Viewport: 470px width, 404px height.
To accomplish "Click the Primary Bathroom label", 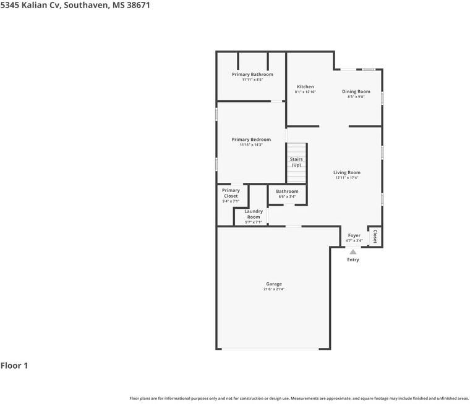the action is point(252,74).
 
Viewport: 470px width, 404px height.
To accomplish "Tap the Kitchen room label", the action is point(305,86).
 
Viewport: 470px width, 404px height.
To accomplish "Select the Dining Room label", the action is point(356,91).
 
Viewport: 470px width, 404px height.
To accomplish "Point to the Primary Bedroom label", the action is point(251,139).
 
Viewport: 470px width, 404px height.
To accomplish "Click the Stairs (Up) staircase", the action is point(296,163).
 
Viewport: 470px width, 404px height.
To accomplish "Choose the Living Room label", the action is point(347,172).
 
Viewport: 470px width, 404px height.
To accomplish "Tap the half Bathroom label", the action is point(287,191).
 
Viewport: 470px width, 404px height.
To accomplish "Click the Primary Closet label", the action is point(231,193).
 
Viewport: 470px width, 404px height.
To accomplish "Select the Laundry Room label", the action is point(254,214).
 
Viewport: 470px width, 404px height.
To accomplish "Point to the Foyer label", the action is point(354,235).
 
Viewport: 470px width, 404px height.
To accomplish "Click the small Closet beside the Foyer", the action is point(375,237).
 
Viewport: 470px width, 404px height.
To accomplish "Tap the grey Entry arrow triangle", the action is point(353,252).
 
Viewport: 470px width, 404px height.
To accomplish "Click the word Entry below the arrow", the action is point(352,259).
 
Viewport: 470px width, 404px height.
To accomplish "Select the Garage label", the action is point(274,284).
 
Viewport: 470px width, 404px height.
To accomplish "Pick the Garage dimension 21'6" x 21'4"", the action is point(274,289).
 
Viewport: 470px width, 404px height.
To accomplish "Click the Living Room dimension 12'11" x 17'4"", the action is point(347,177).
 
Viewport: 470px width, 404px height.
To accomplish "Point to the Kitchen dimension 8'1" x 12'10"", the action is point(305,92).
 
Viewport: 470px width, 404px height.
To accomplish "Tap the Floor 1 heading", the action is point(14,366).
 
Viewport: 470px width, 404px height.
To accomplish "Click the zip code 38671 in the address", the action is point(139,5).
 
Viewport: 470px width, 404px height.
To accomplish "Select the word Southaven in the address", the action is point(87,5).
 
